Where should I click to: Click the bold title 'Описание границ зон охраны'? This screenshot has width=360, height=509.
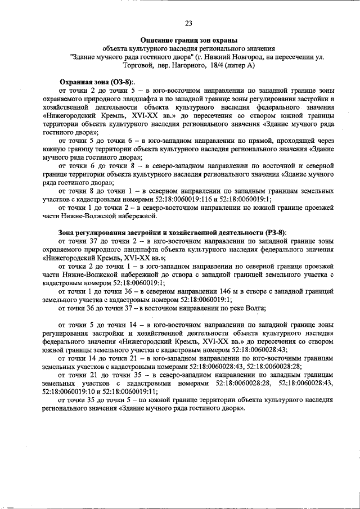(x=188, y=40)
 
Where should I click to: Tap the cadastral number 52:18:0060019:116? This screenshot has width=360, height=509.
(x=188, y=199)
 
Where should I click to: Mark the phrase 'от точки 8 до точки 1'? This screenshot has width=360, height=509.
(x=94, y=191)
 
